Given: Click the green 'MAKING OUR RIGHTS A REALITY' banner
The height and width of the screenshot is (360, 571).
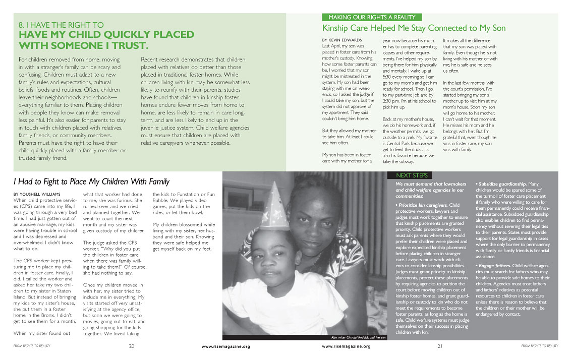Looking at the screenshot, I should pos(372,17).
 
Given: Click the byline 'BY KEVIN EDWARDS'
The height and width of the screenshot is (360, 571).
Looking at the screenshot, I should pos(341,40).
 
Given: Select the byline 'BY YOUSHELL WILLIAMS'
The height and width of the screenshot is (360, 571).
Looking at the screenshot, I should pos(38,194).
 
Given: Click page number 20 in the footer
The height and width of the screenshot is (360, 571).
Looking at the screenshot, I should pos(132,346).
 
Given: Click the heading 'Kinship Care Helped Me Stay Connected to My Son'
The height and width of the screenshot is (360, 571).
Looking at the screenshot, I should pos(414,28).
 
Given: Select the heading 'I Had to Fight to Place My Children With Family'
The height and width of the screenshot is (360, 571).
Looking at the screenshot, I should pos(91,182).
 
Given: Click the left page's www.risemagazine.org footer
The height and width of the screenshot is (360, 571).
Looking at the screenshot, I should pos(225,346).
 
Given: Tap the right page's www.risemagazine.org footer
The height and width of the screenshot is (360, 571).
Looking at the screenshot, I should pos(346,346).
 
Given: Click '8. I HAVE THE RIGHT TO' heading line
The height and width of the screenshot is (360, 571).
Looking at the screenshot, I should pos(61,24).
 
